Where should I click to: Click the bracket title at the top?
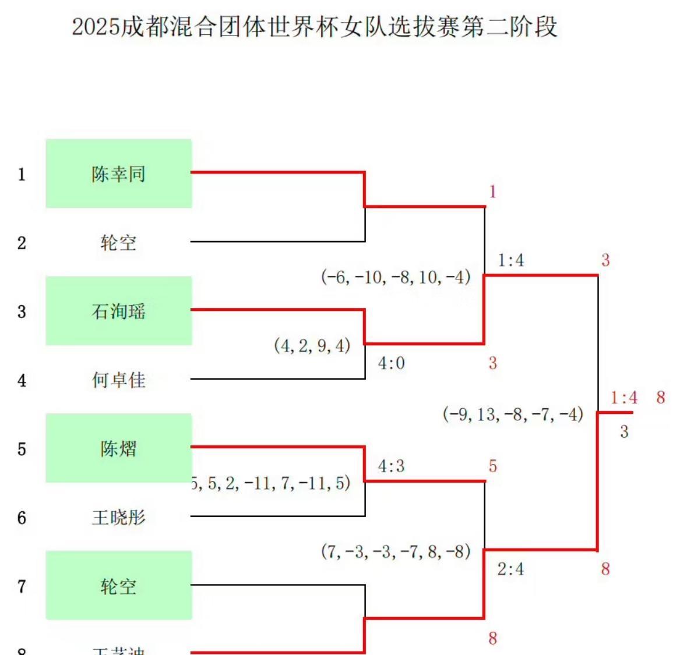tap(315, 27)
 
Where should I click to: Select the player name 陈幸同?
tap(118, 174)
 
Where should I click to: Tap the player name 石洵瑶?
tap(118, 311)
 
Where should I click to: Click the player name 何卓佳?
tap(118, 380)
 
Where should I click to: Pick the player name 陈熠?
tap(118, 449)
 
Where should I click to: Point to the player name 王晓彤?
tap(118, 517)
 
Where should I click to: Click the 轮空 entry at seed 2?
tap(118, 242)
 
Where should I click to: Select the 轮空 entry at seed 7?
tap(118, 586)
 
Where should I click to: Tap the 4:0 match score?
tap(391, 363)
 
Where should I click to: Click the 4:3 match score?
tap(391, 466)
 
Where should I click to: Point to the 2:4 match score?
tap(510, 569)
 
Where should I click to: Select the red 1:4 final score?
tap(624, 398)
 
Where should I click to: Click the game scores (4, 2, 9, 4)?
tap(312, 346)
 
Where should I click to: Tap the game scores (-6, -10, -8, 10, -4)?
tap(396, 277)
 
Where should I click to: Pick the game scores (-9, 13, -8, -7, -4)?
tap(513, 414)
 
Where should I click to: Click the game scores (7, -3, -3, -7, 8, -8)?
tap(396, 551)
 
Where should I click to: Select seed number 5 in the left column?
tap(22, 449)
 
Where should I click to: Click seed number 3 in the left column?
tap(22, 311)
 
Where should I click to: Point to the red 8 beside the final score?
tap(660, 398)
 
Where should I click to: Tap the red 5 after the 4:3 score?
tap(492, 466)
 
